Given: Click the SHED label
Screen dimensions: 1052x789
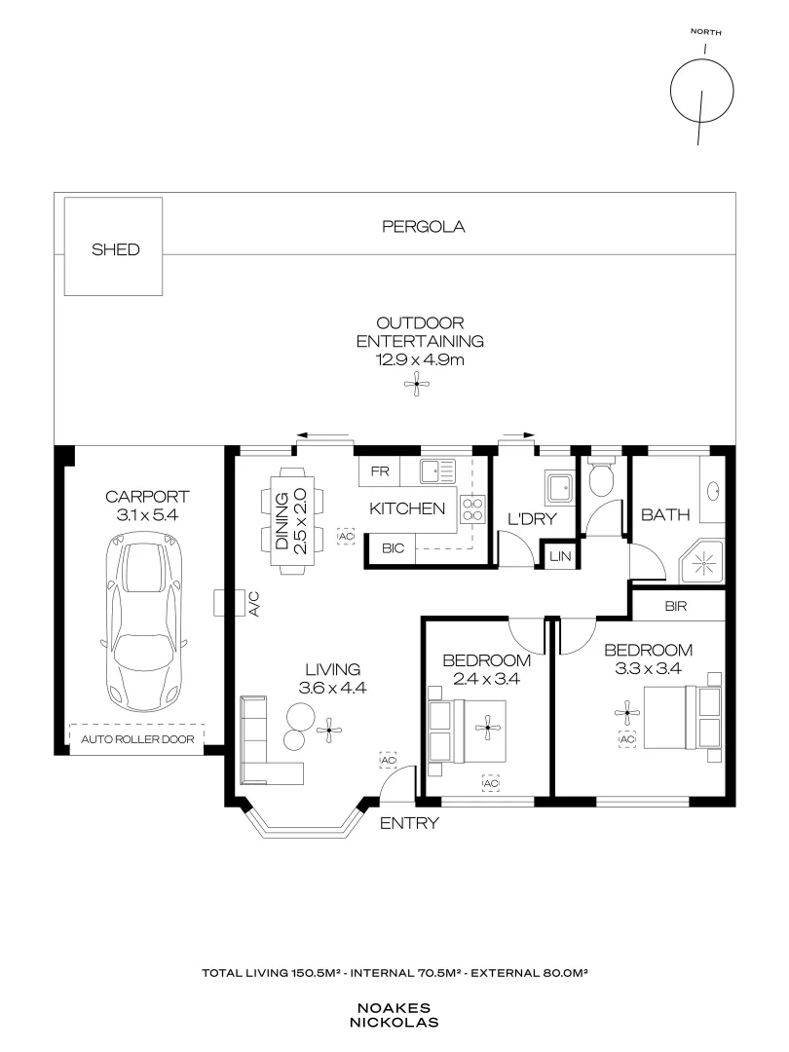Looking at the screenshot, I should click(115, 249).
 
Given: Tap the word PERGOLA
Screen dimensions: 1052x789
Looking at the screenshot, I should click(423, 227).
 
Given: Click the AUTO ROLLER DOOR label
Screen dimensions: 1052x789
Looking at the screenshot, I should click(136, 739).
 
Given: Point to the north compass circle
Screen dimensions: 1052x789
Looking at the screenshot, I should click(701, 92).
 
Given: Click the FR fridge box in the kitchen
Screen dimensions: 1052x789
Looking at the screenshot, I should click(381, 471).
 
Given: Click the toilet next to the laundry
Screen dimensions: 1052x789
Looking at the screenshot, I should click(602, 478).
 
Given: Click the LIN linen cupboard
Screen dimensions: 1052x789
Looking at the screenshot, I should click(558, 555).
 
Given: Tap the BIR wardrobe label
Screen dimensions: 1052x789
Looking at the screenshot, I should click(677, 605).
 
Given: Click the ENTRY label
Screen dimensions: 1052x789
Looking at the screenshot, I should click(408, 823).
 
